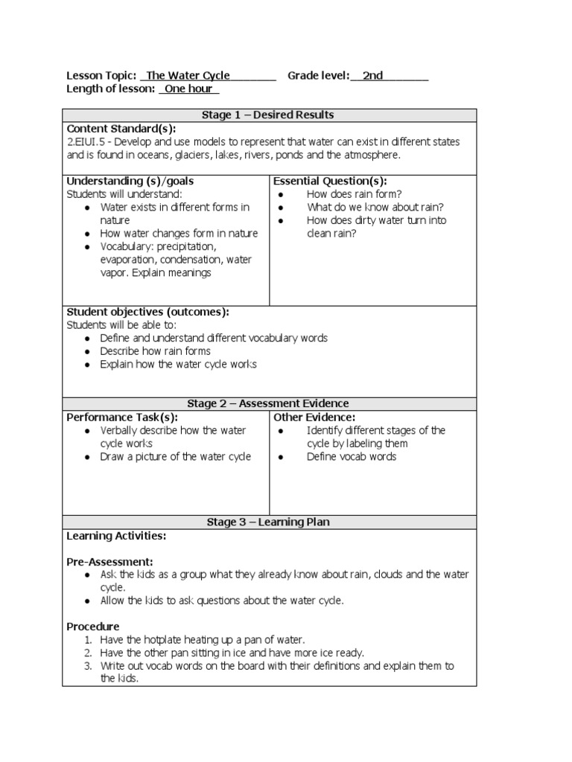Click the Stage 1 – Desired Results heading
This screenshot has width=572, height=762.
click(268, 115)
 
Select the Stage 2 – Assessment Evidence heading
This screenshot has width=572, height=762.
click(268, 403)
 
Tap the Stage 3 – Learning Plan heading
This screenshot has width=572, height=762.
click(268, 522)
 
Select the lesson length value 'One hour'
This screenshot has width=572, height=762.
click(188, 89)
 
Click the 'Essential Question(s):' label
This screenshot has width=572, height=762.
click(330, 181)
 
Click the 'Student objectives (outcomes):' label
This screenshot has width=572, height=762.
click(148, 311)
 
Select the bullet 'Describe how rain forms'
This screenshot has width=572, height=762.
click(155, 351)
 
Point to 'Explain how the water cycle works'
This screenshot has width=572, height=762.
click(178, 364)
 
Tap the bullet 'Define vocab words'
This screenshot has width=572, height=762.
click(351, 457)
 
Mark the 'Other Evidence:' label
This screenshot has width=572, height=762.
click(314, 417)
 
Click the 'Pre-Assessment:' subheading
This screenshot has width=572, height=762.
click(110, 561)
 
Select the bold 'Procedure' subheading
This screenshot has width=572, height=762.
click(93, 627)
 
